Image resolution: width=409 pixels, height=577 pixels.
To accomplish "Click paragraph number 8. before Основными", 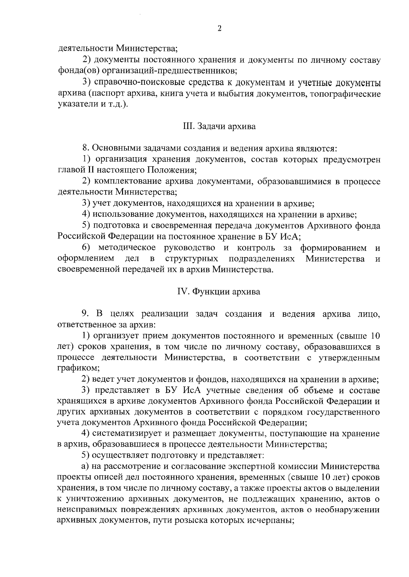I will [86, 148].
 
